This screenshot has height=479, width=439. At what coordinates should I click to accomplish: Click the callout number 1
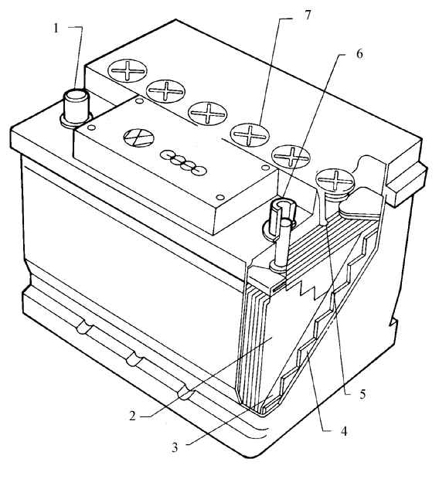pos(56,29)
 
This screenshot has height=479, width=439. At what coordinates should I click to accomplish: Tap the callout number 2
pos(132,416)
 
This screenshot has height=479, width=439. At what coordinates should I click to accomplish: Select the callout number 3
pos(174,447)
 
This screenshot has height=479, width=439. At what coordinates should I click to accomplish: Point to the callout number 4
pos(344,432)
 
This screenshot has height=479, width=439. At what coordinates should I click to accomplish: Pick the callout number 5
pos(362,394)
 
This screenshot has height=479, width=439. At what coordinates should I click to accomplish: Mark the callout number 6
pos(359,54)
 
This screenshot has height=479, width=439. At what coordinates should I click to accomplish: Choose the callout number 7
pos(307,15)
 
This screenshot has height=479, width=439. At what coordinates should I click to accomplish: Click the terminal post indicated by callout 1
pos(76,108)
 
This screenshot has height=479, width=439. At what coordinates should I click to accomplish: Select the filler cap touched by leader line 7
pos(250,134)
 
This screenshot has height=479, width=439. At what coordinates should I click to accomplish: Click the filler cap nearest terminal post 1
pos(128,71)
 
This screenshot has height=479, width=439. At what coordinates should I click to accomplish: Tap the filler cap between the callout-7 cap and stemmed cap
pos(291,156)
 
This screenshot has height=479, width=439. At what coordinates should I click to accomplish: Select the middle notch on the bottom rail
pos(134,360)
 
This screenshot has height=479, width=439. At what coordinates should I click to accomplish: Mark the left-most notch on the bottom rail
pos(85,328)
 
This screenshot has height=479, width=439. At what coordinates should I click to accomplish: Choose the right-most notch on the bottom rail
pos(185,392)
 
